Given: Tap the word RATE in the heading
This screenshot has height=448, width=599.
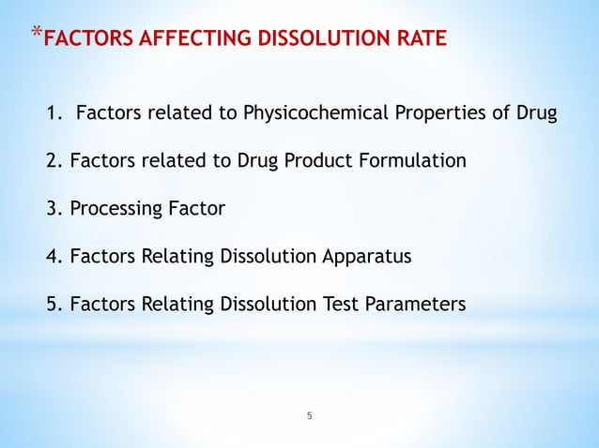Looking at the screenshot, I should point(421,40).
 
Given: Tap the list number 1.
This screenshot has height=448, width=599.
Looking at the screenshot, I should point(52,115).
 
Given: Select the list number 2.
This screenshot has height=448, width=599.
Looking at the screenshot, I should point(53,161).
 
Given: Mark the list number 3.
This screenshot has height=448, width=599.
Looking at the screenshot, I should point(53,208).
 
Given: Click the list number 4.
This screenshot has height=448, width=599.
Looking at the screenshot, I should point(53,255).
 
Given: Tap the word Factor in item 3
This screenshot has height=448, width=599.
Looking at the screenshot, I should point(195,208).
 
